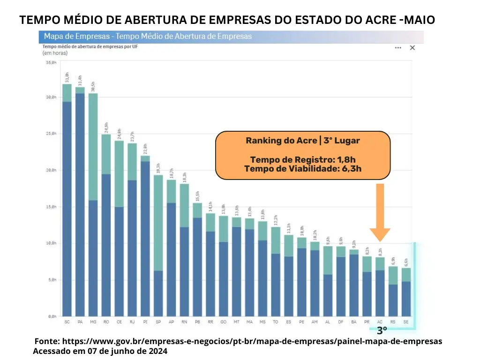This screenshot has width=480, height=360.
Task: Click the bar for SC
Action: tap(67, 202)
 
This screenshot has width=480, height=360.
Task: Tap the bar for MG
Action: tap(93, 206)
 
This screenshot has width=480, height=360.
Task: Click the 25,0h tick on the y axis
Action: tap(51, 134)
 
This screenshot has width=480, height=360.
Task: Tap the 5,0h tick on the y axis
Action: tap(51, 280)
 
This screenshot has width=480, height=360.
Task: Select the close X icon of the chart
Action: tap(412, 48)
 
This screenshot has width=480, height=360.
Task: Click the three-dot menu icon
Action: tap(398, 48)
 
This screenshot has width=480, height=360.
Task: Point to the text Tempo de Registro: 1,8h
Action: tap(303, 160)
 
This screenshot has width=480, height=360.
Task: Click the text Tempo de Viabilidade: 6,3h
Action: tap(303, 169)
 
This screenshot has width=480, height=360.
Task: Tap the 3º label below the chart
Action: tap(382, 330)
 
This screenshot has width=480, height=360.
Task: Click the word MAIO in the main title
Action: tap(418, 20)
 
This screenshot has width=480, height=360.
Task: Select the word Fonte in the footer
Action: tap(46, 341)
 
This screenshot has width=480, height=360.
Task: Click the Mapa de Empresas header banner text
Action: tap(148, 36)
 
